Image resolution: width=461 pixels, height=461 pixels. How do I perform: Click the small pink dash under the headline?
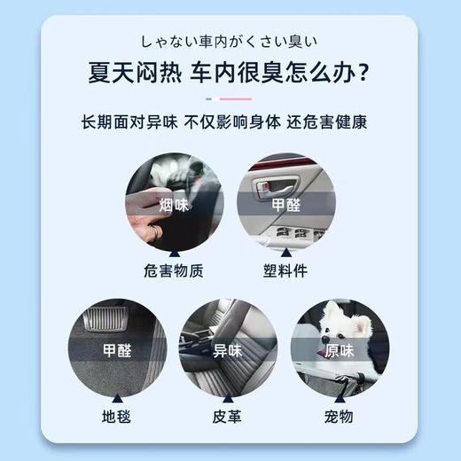[x=240, y=98]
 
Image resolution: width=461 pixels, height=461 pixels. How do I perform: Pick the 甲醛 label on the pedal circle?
[x=117, y=349]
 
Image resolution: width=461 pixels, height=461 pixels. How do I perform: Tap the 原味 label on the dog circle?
[x=341, y=349]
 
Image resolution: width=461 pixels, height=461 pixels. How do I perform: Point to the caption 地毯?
[x=117, y=414]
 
